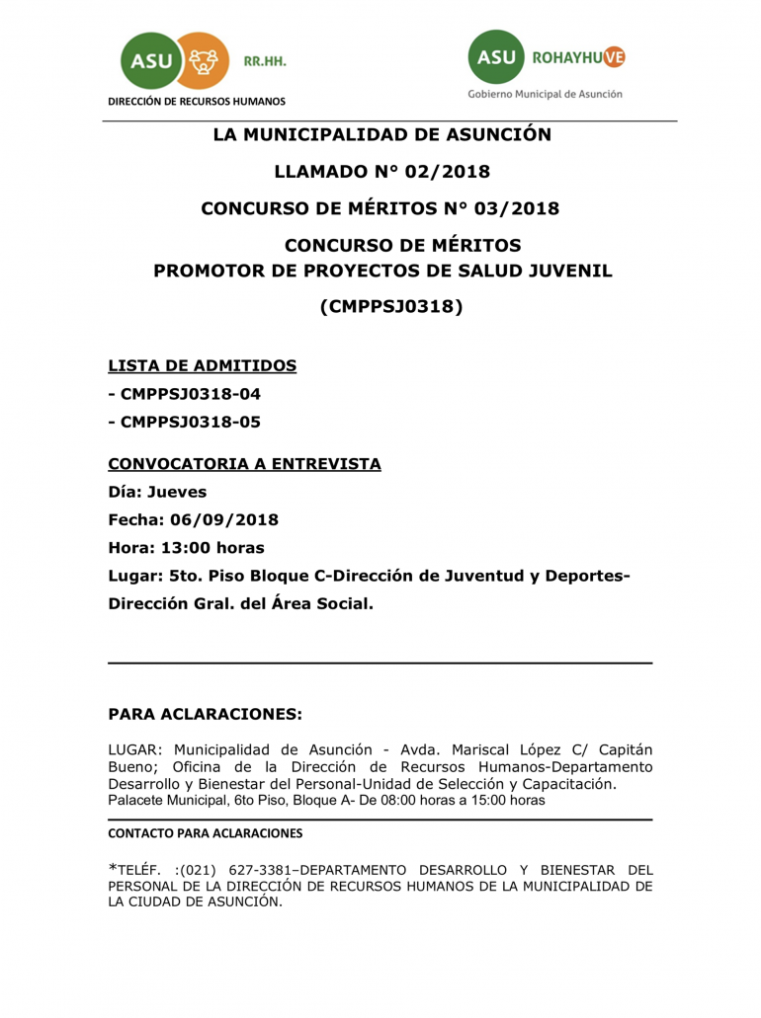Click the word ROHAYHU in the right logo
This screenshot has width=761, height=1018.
[x=566, y=58]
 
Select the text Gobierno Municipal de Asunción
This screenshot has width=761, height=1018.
[x=546, y=95]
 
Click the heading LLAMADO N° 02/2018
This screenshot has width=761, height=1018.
[x=381, y=172]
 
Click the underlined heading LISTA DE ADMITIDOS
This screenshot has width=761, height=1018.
[x=203, y=366]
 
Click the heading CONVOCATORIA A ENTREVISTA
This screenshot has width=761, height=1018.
[x=244, y=464]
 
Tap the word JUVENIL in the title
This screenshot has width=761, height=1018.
[x=570, y=271]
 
